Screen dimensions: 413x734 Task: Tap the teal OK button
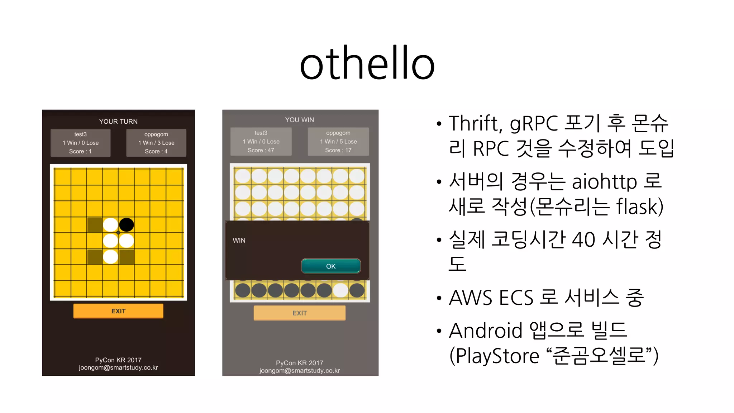330,266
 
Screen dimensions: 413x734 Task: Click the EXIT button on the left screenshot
118,311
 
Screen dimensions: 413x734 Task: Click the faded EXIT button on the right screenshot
299,313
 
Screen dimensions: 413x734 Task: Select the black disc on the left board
126,225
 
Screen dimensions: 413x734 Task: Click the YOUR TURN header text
118,122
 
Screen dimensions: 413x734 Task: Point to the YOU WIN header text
299,120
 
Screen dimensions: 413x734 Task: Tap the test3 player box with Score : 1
80,143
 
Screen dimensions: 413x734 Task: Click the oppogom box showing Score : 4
156,143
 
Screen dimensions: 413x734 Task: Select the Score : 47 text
261,150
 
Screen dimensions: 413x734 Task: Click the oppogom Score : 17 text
338,150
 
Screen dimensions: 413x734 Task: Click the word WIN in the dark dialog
239,240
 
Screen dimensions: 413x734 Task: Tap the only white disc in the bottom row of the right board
340,290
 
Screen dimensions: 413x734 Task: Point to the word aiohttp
604,181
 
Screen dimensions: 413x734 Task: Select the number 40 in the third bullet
583,239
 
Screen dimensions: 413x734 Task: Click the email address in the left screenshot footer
118,368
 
